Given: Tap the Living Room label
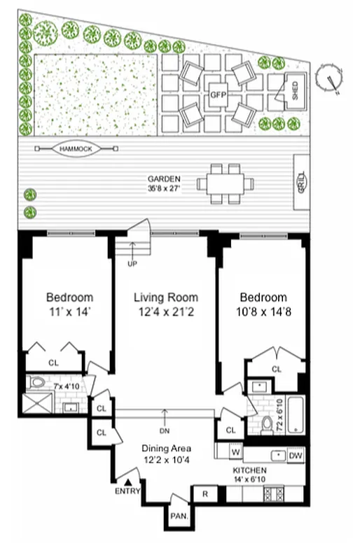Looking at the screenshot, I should click(x=166, y=297).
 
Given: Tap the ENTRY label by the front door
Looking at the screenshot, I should click(x=128, y=491).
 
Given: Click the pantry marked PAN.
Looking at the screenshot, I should click(x=176, y=519).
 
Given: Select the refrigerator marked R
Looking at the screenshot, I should click(x=205, y=493).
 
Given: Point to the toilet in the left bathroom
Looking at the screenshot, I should click(x=39, y=383).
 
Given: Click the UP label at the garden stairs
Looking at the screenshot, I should click(x=132, y=264).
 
